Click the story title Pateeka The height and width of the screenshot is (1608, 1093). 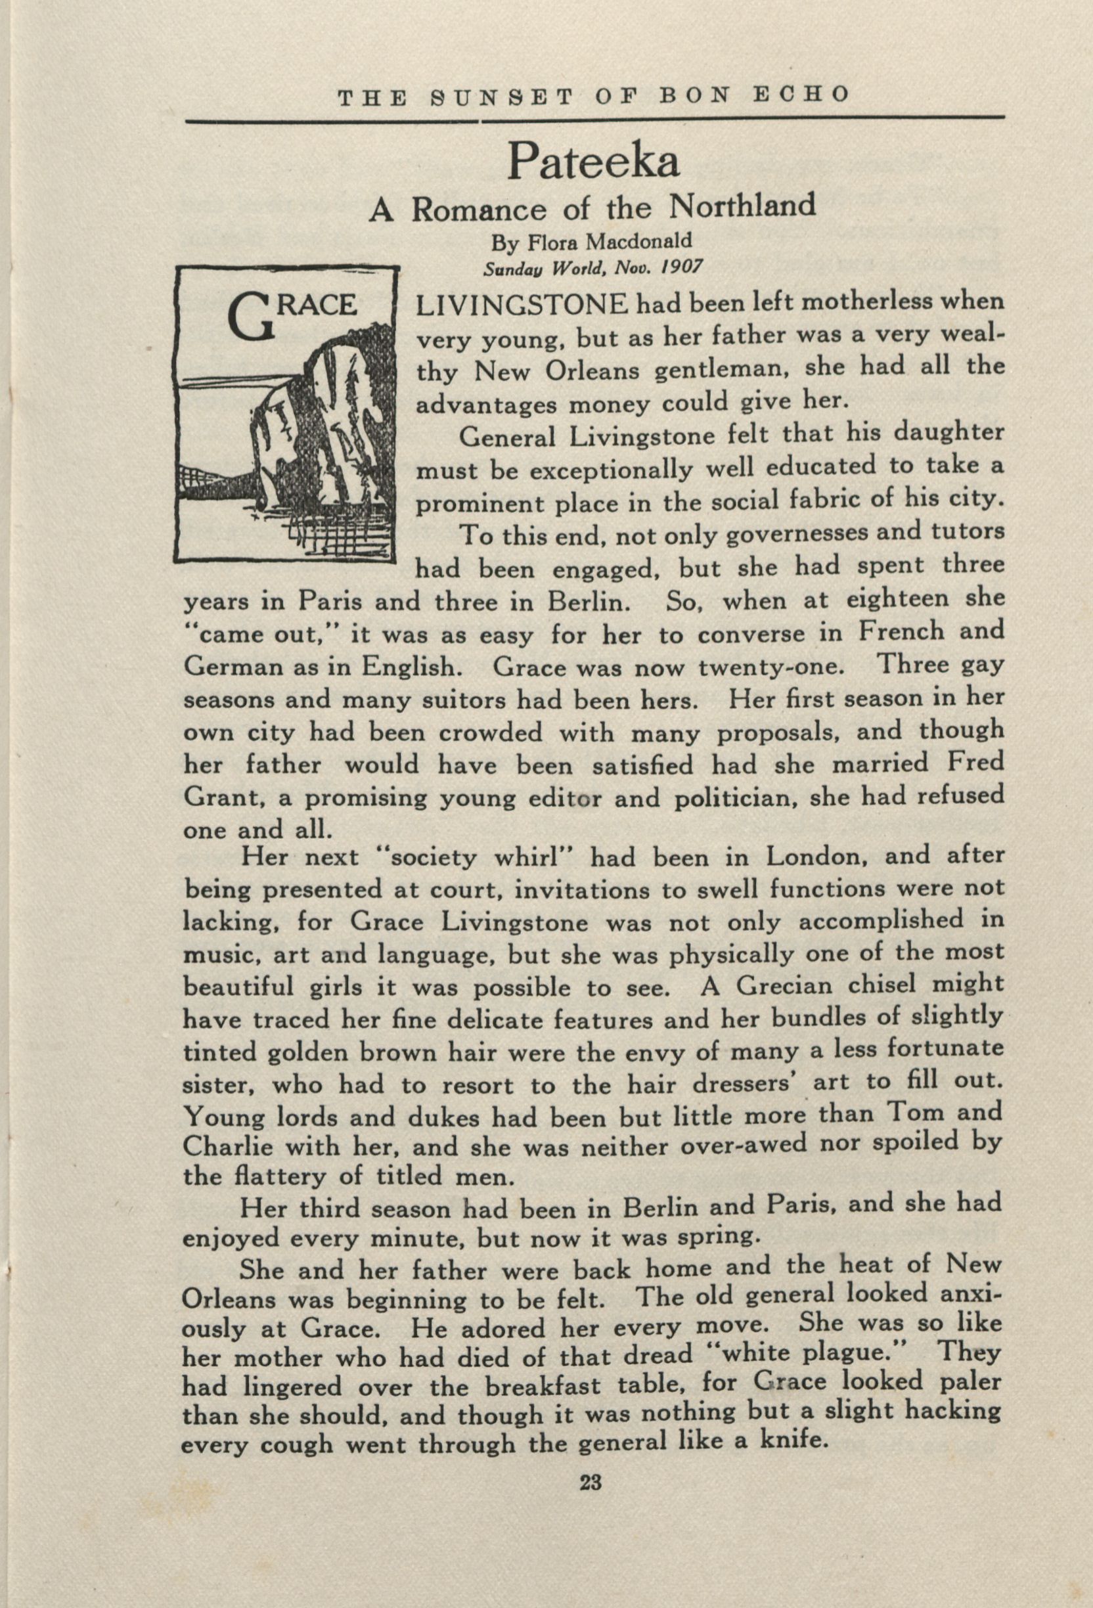[x=594, y=161]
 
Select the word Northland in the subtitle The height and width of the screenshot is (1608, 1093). [x=744, y=206]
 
